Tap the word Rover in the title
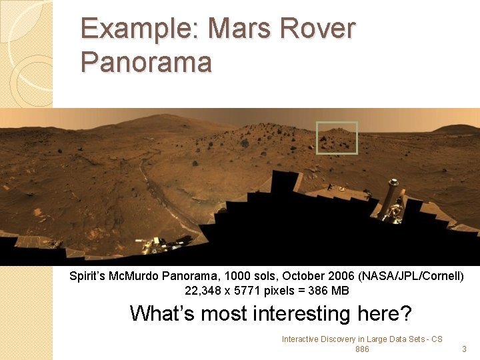click(324, 30)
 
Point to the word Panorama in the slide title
click(146, 62)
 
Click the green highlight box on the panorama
click(337, 138)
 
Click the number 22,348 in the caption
click(202, 291)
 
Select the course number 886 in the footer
click(362, 349)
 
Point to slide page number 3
click(464, 349)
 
